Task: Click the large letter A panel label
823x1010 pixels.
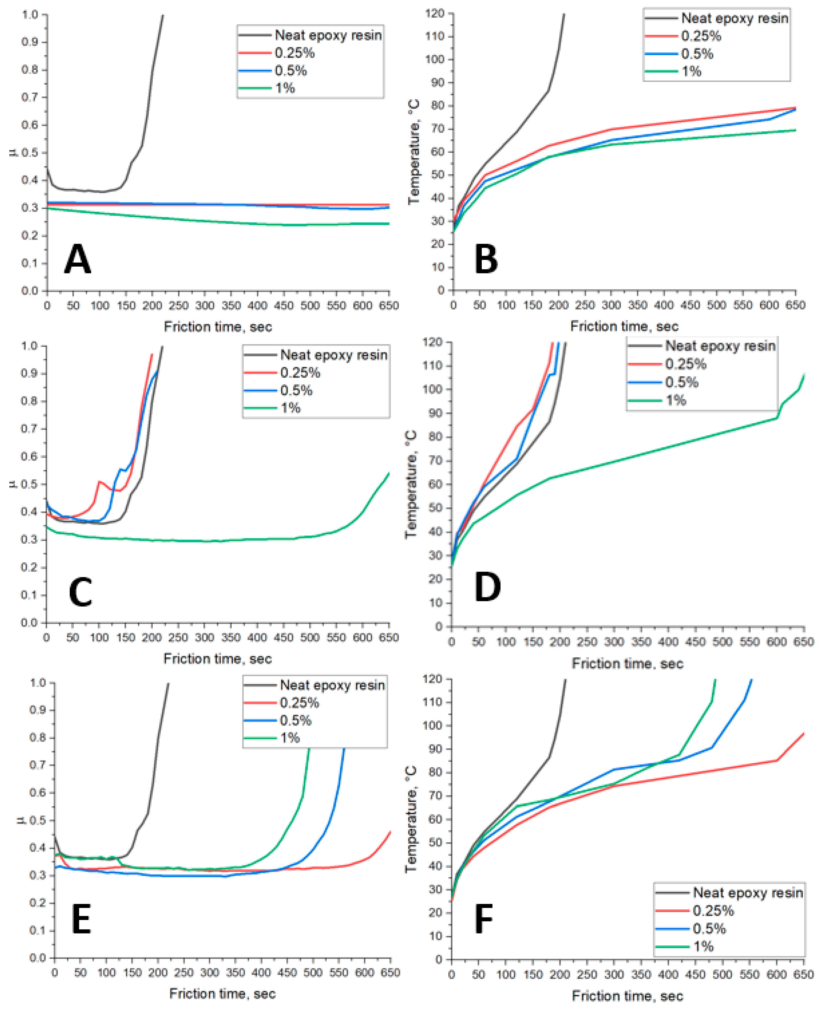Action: coord(77,259)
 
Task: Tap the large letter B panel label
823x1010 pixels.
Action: coord(486,259)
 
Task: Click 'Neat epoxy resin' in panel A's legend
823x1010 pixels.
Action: coord(328,35)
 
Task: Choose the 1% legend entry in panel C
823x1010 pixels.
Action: coord(290,408)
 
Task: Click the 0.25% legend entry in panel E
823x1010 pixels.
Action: coord(299,703)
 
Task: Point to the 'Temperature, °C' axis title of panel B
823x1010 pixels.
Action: coord(414,152)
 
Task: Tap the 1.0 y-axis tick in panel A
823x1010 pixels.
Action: coord(30,14)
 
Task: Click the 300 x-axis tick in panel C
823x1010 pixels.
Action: coord(204,638)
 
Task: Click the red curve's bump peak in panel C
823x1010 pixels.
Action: coord(100,482)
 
